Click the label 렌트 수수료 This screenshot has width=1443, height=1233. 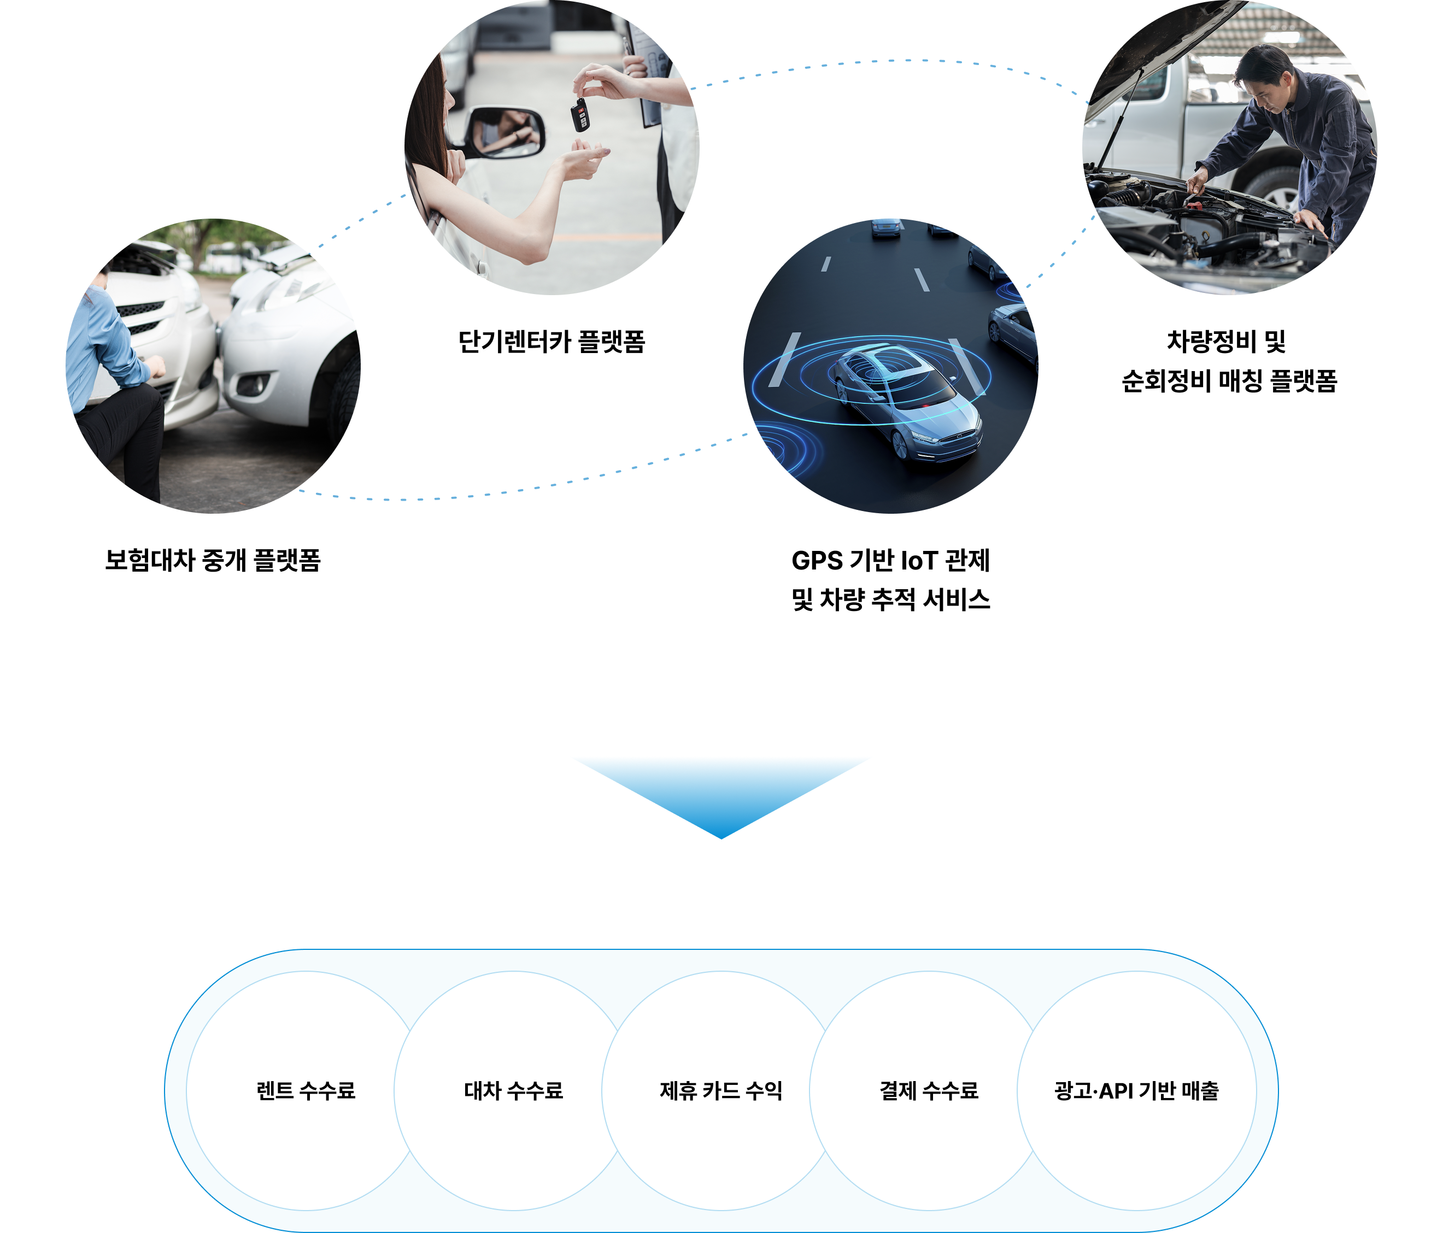click(x=306, y=1090)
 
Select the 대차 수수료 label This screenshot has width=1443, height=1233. click(x=513, y=1090)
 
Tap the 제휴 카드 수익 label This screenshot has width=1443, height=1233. click(x=721, y=1090)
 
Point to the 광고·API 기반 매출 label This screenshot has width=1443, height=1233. click(x=1136, y=1090)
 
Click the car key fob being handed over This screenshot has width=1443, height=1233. click(x=579, y=114)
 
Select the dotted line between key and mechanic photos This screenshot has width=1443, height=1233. click(x=891, y=61)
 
